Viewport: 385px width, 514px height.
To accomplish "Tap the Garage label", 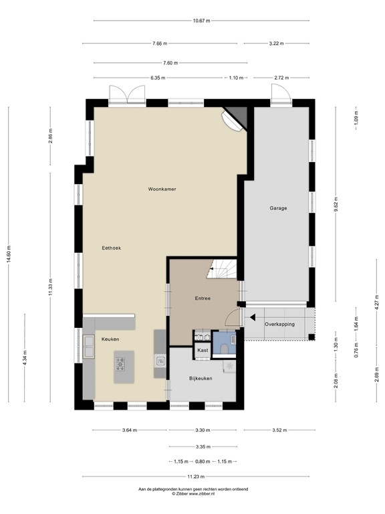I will coord(278,208).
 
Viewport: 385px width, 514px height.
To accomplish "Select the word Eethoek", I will coord(111,248).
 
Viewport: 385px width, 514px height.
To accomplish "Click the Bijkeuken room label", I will coord(201,378).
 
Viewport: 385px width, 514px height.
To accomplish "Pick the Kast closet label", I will coord(202,350).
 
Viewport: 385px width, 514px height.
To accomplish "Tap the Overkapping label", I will coord(279,324).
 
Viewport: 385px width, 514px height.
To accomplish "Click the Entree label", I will coord(203,298).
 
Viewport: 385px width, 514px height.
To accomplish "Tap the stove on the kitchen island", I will coord(121,364).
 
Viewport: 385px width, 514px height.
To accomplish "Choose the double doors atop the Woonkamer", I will coord(127,94).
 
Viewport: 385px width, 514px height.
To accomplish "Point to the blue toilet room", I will coord(224,345).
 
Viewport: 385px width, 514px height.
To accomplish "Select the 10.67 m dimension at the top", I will coord(201,21).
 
